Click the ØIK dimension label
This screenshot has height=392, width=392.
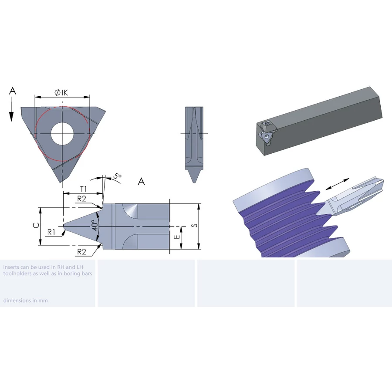[x=61, y=92]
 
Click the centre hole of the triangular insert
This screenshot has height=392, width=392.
[x=62, y=133]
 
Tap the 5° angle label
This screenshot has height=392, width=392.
[x=117, y=176]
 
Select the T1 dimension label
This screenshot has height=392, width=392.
[x=83, y=189]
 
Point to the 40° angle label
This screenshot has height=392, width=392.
[x=95, y=225]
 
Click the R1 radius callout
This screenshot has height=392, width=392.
[x=51, y=232]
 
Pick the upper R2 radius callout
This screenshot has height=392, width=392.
[x=81, y=199]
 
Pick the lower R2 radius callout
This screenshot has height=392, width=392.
[x=81, y=251]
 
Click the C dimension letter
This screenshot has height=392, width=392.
[x=36, y=225]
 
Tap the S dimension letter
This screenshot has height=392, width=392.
[x=194, y=225]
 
